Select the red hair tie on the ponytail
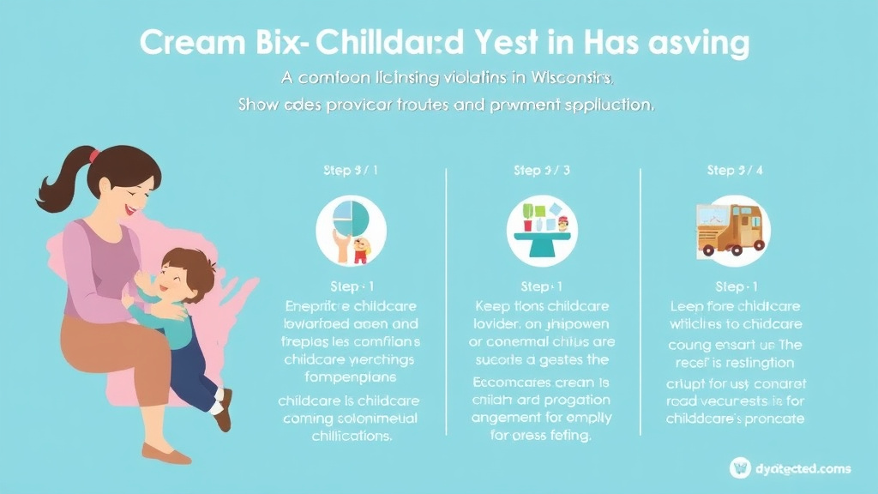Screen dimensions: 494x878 coord(94,156)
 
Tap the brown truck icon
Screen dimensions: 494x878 coord(734,230)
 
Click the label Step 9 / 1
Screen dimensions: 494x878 coord(351,171)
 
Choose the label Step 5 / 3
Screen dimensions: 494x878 coord(542,171)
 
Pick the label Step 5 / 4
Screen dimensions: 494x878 coord(735,171)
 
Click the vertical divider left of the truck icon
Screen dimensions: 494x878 coord(640,300)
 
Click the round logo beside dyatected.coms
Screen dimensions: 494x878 coord(740,467)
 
